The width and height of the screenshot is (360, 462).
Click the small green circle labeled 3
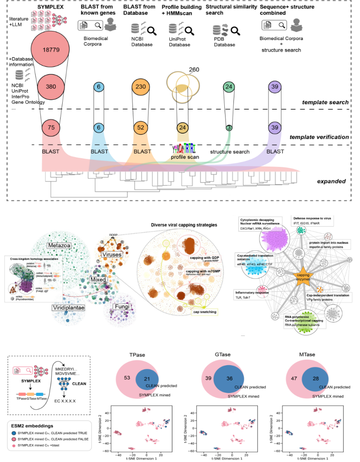pos(229,128)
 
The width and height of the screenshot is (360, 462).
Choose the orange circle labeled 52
pos(142,128)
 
